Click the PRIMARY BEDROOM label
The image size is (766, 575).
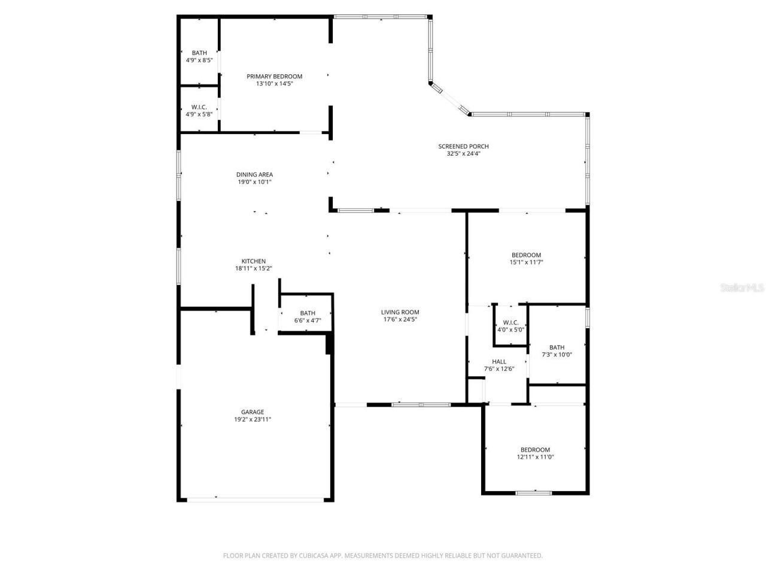(x=274, y=76)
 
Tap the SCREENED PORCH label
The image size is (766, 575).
(x=463, y=146)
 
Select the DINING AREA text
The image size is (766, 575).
(x=254, y=174)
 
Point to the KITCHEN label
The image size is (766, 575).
(x=253, y=261)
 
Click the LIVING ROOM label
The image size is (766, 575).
(x=400, y=312)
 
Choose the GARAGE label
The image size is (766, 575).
(x=253, y=412)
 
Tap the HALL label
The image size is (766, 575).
(x=499, y=361)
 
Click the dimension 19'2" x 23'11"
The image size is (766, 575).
(x=253, y=419)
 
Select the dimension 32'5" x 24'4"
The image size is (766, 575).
(x=463, y=153)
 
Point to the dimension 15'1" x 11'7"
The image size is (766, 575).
(x=526, y=262)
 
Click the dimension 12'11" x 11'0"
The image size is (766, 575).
(x=535, y=457)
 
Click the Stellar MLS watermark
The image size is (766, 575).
(x=742, y=287)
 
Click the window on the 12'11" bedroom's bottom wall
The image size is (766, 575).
(x=534, y=493)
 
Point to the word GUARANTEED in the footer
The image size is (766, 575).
(x=520, y=556)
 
